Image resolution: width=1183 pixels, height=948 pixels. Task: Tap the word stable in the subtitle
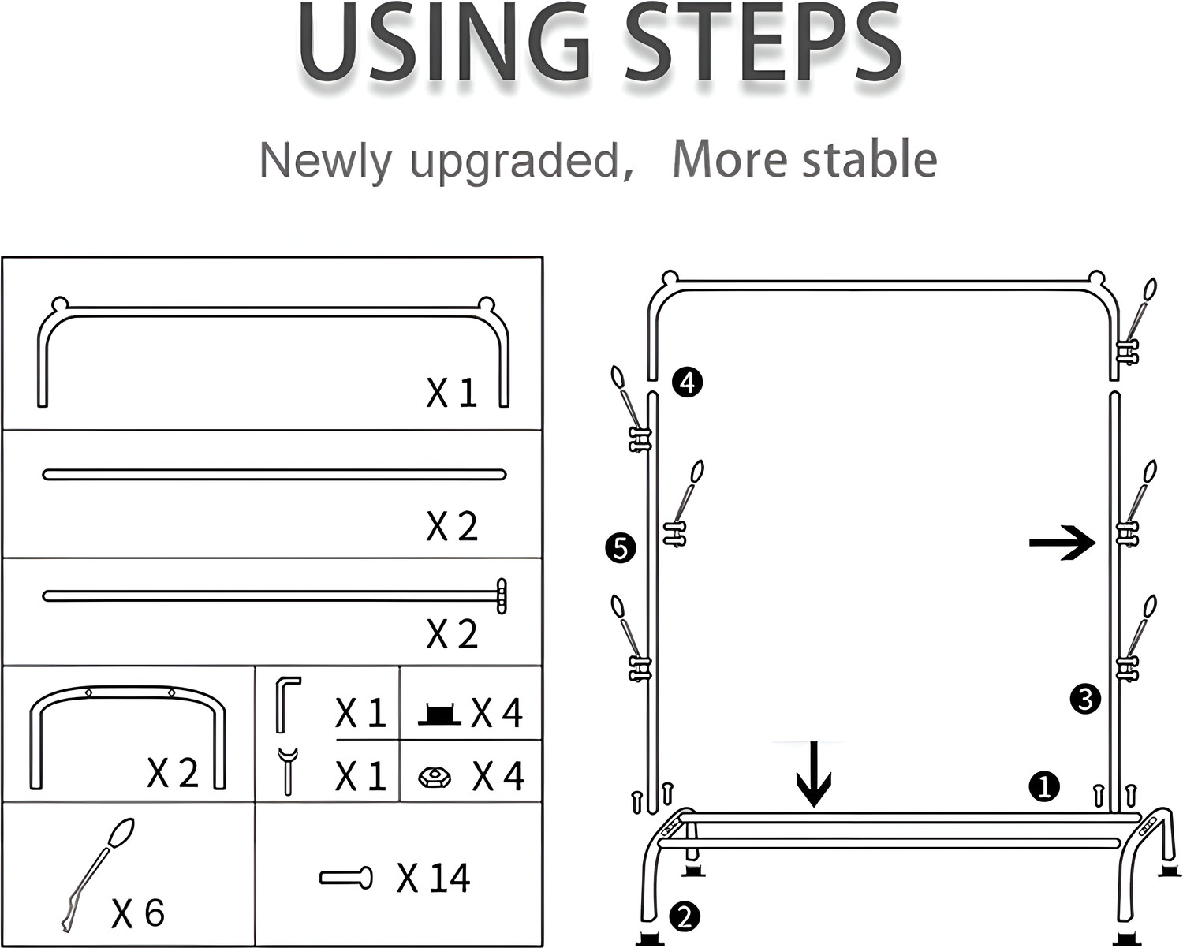coord(870,159)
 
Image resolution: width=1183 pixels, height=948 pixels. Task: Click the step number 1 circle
coord(1044,786)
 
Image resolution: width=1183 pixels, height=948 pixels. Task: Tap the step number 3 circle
coord(1085,700)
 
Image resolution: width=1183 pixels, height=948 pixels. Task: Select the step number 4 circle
coord(687,382)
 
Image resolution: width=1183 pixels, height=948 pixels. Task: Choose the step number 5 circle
coord(620,548)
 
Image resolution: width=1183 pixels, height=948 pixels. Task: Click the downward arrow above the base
coord(814,774)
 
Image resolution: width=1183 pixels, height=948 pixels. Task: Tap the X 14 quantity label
coord(433,878)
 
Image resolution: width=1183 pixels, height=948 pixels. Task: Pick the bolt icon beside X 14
coord(346,877)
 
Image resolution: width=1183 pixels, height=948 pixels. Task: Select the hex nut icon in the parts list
coord(435,778)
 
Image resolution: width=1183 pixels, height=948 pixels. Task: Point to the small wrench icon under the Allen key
coord(288,771)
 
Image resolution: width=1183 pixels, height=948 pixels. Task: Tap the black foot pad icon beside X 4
coord(438,715)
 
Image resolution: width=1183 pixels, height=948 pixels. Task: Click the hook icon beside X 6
coord(98,875)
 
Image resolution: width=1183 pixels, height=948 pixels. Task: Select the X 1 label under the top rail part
coord(452,393)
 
